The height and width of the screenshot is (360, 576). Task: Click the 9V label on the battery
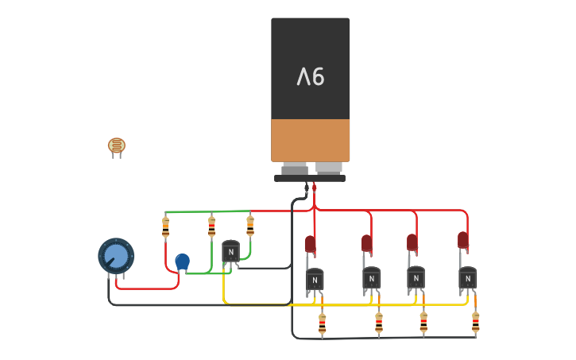(x=311, y=77)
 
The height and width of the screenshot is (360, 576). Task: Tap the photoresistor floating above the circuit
(x=117, y=146)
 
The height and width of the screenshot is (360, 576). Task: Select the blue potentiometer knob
(x=116, y=256)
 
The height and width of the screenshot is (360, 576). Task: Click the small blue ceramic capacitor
(x=182, y=261)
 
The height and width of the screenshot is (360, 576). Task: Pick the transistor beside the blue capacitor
(x=230, y=251)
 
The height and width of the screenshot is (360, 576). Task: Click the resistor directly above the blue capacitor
(x=165, y=227)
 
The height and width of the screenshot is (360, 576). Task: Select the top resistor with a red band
(x=211, y=226)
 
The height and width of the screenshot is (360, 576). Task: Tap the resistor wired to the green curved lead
(x=250, y=226)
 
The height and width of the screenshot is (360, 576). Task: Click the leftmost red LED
(x=310, y=244)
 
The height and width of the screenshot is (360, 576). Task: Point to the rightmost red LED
(x=462, y=240)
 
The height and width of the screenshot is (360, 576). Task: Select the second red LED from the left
(x=366, y=243)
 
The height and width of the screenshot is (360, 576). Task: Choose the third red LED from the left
(x=412, y=242)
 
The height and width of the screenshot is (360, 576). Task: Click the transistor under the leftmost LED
(x=315, y=280)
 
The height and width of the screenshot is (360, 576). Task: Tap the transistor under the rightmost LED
(x=467, y=278)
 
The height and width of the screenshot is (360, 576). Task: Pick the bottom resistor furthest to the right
(x=475, y=322)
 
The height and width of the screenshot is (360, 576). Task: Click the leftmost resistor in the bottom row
(x=322, y=323)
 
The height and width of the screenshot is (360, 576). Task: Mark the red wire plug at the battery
(x=315, y=188)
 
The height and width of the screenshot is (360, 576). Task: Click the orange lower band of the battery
(x=310, y=140)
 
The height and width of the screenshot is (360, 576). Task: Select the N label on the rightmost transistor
(x=467, y=278)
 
